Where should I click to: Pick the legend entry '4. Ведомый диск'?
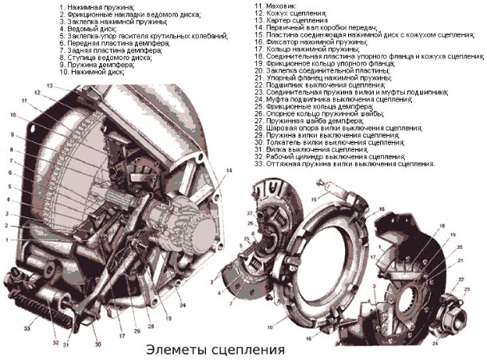[x=89, y=28]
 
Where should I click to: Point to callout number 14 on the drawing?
[x=230, y=170]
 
